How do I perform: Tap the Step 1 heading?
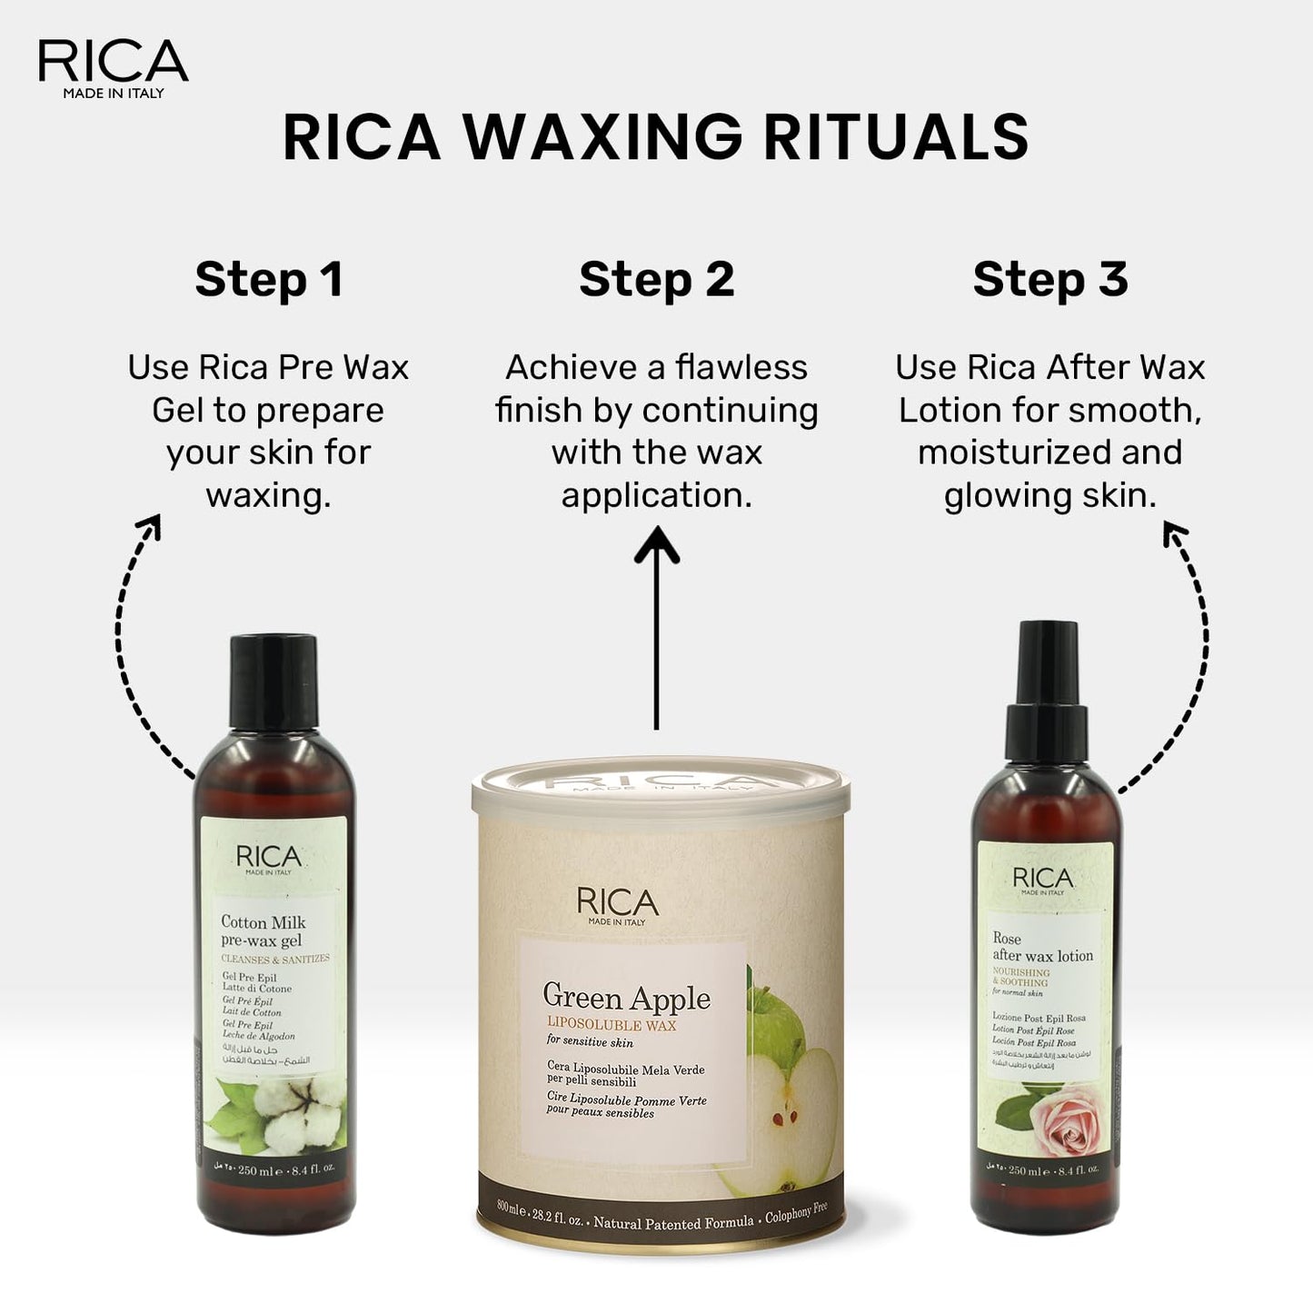pyautogui.click(x=269, y=279)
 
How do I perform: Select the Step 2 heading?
pyautogui.click(x=656, y=279)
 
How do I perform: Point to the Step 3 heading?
pyautogui.click(x=1049, y=279)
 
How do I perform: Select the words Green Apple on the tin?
pyautogui.click(x=626, y=998)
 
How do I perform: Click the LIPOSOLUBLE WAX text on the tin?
pyautogui.click(x=611, y=1025)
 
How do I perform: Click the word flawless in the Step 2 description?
pyautogui.click(x=741, y=368)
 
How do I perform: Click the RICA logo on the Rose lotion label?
pyautogui.click(x=1042, y=879)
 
